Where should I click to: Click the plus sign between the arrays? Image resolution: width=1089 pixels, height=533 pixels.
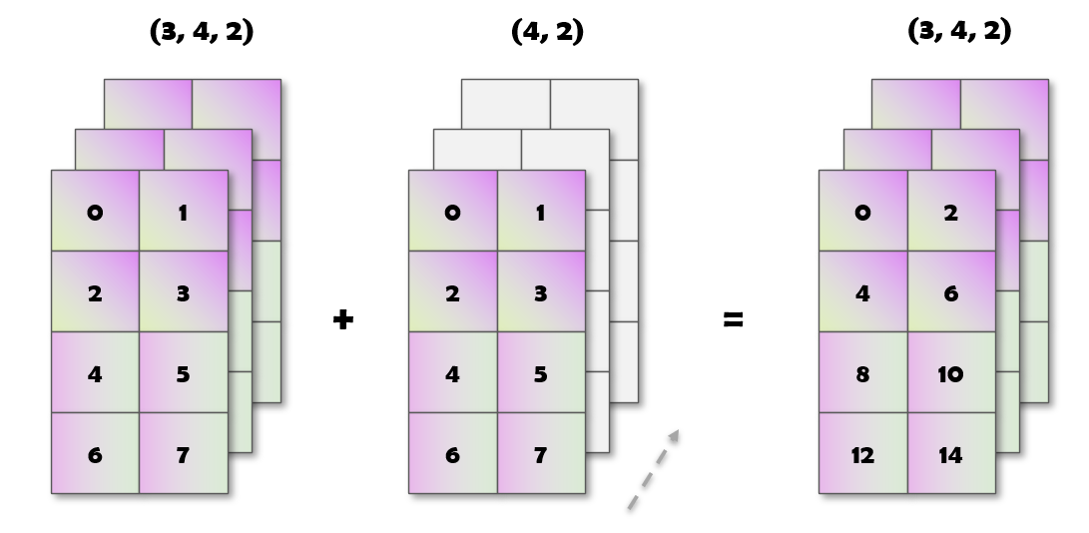coord(343,320)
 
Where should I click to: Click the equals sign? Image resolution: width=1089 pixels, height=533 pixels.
coord(734,320)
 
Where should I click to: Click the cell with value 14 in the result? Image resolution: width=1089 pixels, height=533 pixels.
coord(950,454)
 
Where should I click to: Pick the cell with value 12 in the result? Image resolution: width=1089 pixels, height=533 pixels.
coord(862,454)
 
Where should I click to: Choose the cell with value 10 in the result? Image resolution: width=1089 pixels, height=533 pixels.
coord(950,373)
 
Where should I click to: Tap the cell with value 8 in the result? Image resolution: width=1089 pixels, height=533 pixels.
coord(862,373)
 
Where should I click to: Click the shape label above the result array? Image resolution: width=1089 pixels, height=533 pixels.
coord(959,31)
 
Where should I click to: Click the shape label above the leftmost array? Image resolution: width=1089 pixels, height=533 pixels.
coord(202,31)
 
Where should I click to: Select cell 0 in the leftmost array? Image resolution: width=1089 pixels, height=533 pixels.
coord(95,212)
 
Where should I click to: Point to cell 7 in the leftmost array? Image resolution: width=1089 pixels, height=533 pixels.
coord(183,454)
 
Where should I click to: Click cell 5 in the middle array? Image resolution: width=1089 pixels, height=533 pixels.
coord(540,373)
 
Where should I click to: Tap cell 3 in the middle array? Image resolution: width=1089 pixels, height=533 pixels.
coord(540,292)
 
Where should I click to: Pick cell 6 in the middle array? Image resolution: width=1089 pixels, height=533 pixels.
coord(452,454)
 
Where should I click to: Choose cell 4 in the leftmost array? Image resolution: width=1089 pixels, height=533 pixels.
coord(95,373)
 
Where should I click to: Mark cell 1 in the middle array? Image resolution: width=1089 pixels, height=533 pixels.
coord(540,212)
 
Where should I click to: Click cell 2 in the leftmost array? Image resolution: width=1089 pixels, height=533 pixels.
coord(95,292)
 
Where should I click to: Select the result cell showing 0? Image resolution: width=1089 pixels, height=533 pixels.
coord(862,212)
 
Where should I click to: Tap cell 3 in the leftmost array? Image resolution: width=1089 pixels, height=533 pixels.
coord(183,292)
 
